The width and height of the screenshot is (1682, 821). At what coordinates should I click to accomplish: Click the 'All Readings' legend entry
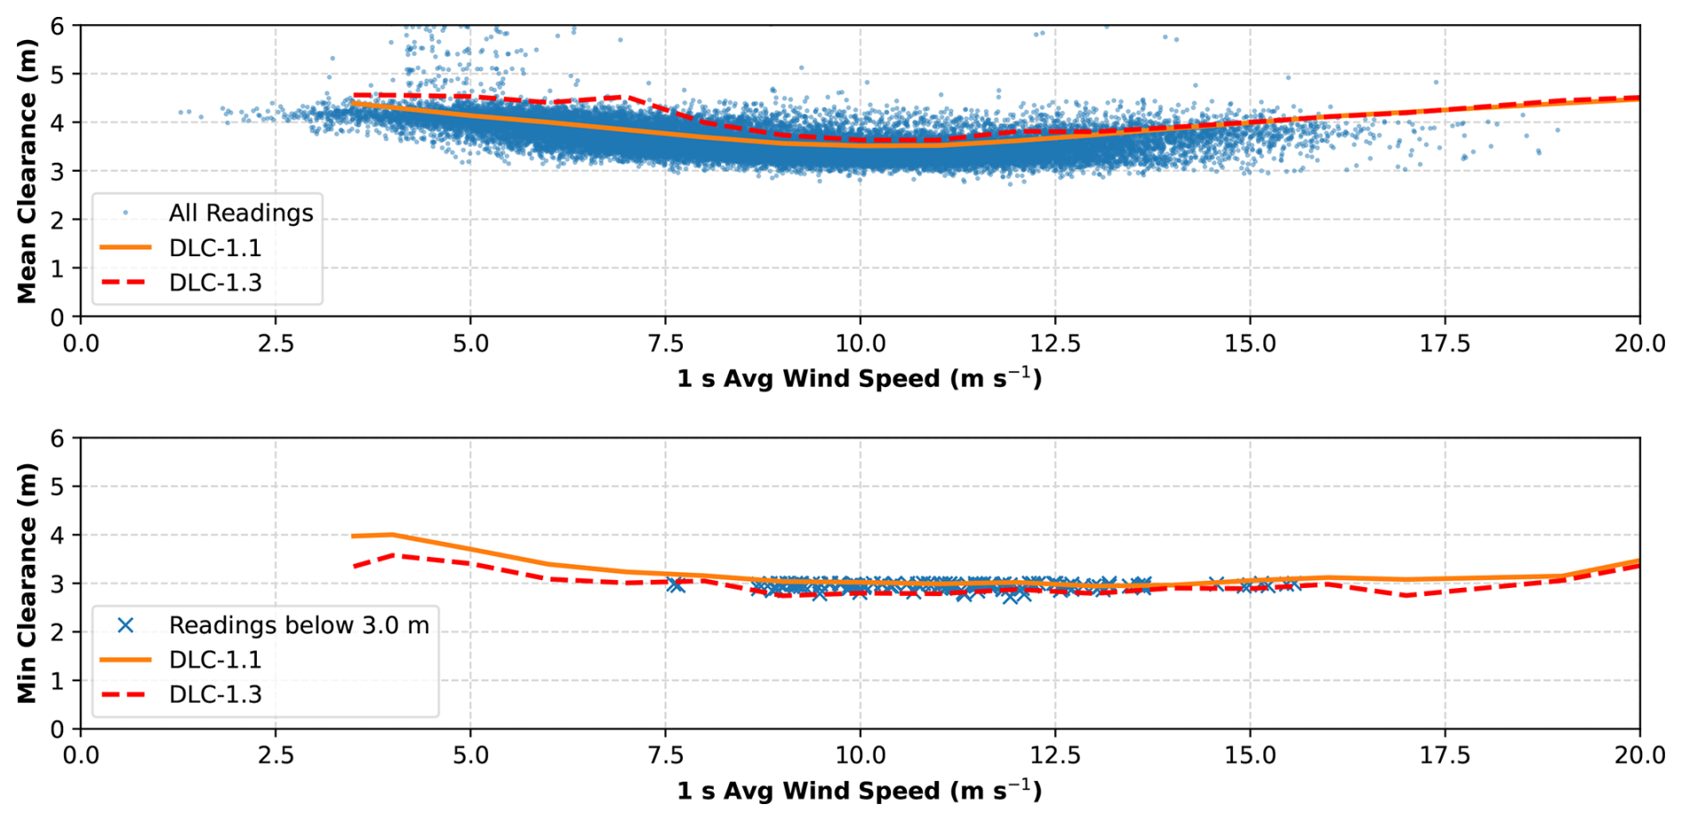pyautogui.click(x=240, y=213)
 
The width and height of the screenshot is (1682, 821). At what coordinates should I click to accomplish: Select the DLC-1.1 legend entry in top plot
pyautogui.click(x=214, y=248)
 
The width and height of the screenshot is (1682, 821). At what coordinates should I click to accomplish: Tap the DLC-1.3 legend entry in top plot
pyautogui.click(x=214, y=283)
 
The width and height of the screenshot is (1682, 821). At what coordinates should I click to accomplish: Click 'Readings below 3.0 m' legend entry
pyautogui.click(x=298, y=625)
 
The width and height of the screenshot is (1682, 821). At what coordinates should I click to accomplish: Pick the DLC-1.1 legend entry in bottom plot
pyautogui.click(x=214, y=660)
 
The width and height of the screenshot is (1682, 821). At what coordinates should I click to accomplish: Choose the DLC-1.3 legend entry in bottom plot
pyautogui.click(x=214, y=695)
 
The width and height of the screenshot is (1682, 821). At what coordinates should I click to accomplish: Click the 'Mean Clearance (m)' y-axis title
pyautogui.click(x=27, y=171)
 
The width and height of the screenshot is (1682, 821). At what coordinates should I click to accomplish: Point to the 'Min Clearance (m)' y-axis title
pyautogui.click(x=27, y=583)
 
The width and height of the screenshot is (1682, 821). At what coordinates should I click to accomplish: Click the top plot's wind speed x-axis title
pyautogui.click(x=859, y=379)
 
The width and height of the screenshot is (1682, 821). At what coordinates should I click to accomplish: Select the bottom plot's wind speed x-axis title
pyautogui.click(x=859, y=791)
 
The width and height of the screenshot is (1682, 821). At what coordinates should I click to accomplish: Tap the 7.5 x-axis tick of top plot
pyautogui.click(x=665, y=343)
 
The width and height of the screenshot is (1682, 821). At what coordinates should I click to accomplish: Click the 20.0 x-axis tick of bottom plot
pyautogui.click(x=1639, y=756)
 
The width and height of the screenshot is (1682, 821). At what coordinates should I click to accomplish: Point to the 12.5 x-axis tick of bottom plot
pyautogui.click(x=1055, y=756)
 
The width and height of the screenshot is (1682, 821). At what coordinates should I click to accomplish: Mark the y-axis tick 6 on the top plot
pyautogui.click(x=58, y=27)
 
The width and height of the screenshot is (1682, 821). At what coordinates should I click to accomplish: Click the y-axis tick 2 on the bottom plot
pyautogui.click(x=58, y=632)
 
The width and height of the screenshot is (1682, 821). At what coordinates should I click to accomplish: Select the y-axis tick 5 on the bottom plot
pyautogui.click(x=58, y=487)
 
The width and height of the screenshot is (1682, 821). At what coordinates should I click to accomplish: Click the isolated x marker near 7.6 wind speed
pyautogui.click(x=677, y=584)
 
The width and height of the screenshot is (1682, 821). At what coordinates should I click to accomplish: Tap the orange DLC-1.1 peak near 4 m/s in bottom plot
pyautogui.click(x=392, y=535)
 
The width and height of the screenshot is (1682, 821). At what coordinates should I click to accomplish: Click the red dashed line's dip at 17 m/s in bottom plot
pyautogui.click(x=1406, y=595)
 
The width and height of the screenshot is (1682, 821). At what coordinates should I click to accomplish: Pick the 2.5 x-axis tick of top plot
pyautogui.click(x=276, y=343)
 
